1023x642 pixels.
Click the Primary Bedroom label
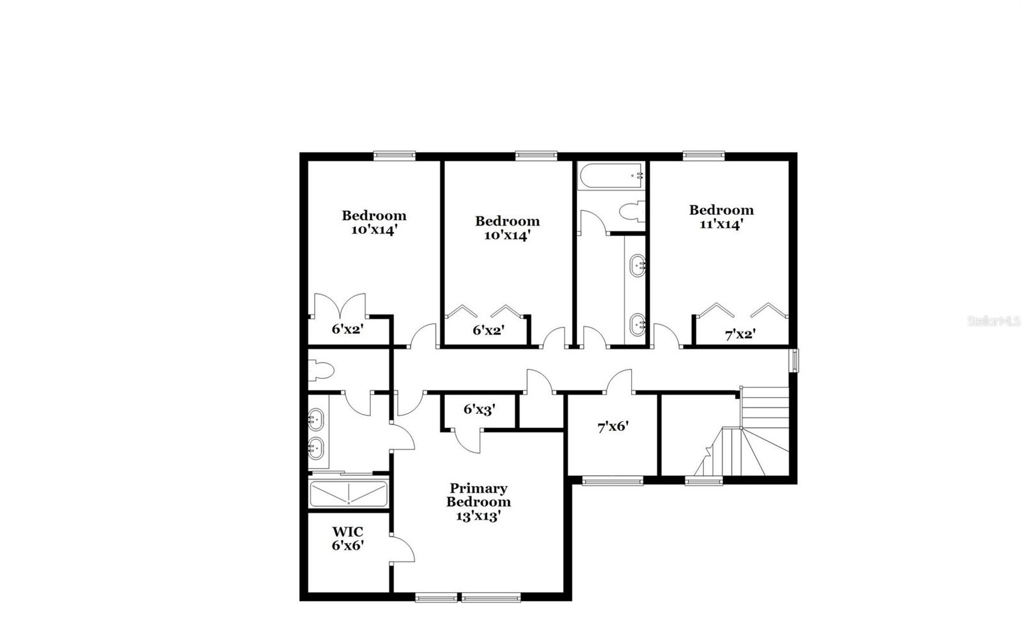pyautogui.click(x=478, y=495)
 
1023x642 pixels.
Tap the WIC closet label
pyautogui.click(x=348, y=532)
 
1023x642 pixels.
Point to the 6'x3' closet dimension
pyautogui.click(x=480, y=410)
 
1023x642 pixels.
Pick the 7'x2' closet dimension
pyautogui.click(x=740, y=334)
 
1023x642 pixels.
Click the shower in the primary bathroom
pyautogui.click(x=348, y=494)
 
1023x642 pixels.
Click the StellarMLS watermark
pyautogui.click(x=994, y=320)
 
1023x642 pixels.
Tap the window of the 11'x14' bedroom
pyautogui.click(x=703, y=154)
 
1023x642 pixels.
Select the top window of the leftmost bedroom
pyautogui.click(x=394, y=154)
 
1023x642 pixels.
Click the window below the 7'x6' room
pyautogui.click(x=613, y=480)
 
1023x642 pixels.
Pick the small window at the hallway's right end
pyautogui.click(x=794, y=360)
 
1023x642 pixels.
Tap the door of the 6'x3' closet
pyautogui.click(x=470, y=441)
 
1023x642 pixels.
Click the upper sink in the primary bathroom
pyautogui.click(x=315, y=419)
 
